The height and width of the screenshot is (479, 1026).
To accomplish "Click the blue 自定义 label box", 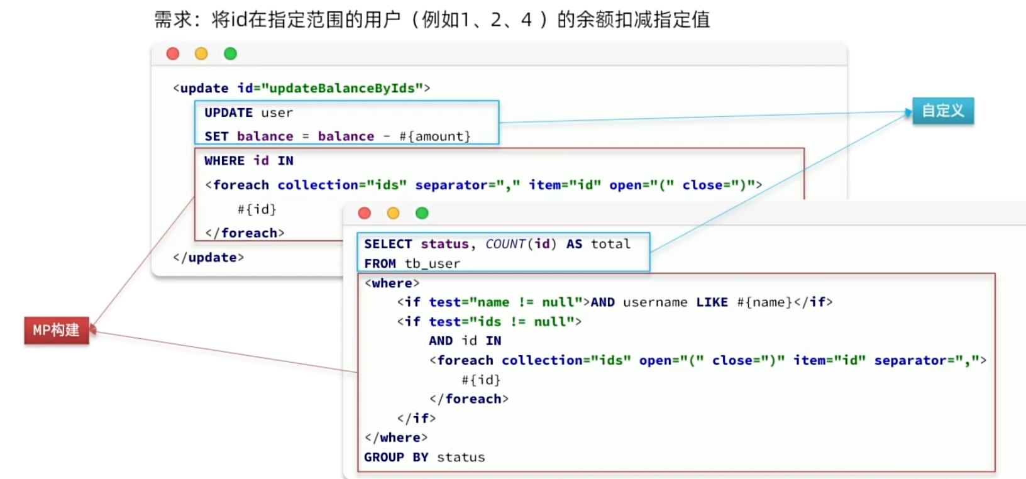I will click(942, 111).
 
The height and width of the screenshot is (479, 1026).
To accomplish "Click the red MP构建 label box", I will click(57, 331).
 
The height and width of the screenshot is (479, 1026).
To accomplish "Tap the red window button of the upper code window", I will click(173, 54).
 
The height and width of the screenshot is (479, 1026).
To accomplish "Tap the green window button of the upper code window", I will click(231, 54).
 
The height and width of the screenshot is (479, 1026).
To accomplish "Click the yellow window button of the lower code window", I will click(394, 213).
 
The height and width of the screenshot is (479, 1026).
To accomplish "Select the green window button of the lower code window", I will click(422, 213).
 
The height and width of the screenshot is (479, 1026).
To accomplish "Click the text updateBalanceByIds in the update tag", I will click(341, 88).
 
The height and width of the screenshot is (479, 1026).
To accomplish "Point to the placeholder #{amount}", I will click(435, 136).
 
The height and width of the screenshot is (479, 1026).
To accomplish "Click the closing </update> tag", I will click(208, 258).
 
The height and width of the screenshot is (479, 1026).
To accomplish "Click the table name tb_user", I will click(433, 264).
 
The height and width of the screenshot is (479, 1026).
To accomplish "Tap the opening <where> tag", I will click(392, 284).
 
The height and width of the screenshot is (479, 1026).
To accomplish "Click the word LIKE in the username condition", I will click(712, 302).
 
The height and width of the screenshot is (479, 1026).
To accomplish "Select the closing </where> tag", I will click(396, 438).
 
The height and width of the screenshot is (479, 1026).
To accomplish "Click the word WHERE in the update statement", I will click(224, 161).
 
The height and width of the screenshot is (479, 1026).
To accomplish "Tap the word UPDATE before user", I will click(228, 113).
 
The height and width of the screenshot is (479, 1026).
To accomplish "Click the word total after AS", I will click(610, 244).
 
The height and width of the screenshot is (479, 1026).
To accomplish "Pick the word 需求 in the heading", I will click(172, 19).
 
